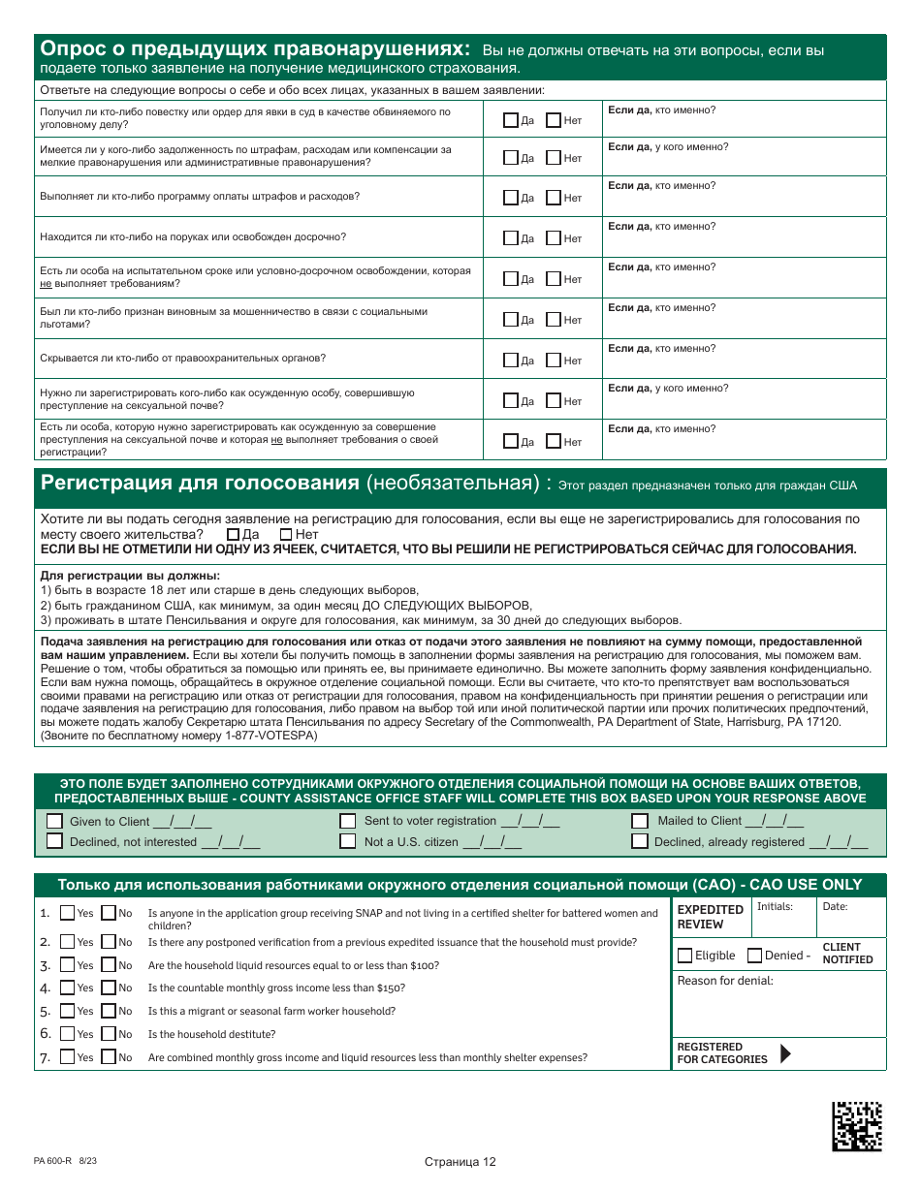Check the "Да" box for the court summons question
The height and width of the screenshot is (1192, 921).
[511, 121]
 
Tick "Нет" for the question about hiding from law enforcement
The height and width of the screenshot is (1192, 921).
[553, 361]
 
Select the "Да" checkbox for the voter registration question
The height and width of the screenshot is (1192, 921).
[233, 534]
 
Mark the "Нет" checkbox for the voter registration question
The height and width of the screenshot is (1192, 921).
[286, 534]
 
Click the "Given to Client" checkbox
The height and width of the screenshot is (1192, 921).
[55, 821]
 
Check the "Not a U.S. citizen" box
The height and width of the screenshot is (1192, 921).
[347, 841]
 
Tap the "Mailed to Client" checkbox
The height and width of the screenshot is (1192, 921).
[640, 821]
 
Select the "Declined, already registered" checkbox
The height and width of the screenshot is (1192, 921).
[640, 841]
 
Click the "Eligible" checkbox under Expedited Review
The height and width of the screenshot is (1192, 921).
[685, 956]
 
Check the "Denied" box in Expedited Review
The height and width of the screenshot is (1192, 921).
[755, 956]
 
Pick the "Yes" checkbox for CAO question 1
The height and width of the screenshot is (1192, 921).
[67, 913]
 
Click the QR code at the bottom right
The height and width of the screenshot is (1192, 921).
[857, 1126]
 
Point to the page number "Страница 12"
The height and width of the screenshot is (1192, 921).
[460, 1162]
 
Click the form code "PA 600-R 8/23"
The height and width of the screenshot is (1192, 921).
[65, 1160]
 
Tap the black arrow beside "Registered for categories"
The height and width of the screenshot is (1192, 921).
[785, 1053]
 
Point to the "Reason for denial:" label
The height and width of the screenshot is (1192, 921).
[725, 981]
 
